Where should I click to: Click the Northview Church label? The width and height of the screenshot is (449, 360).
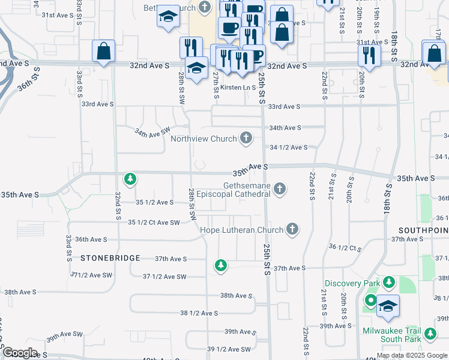click(x=203, y=139)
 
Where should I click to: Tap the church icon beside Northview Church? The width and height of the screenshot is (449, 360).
click(x=246, y=139)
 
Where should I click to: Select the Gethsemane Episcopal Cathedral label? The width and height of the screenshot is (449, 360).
click(x=246, y=190)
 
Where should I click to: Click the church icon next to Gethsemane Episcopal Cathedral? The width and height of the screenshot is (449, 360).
click(x=279, y=190)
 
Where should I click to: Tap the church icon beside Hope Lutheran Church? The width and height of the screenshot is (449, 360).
click(x=292, y=229)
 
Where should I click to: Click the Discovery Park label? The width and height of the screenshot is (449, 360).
click(x=352, y=283)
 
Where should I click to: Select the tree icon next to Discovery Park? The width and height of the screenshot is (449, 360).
click(x=389, y=281)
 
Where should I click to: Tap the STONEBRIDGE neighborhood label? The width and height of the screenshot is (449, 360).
click(x=110, y=258)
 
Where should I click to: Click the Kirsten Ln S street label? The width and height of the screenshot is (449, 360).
click(x=238, y=88)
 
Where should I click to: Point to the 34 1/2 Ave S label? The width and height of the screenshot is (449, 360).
click(x=289, y=148)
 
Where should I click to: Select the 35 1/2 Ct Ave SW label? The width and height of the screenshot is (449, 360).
click(x=154, y=223)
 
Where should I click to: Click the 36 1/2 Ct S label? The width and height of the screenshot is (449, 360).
click(x=346, y=247)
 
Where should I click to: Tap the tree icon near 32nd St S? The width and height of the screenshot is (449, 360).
click(x=130, y=178)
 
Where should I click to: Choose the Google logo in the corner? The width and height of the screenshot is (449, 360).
click(x=20, y=353)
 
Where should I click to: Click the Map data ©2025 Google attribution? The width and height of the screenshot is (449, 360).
click(x=412, y=355)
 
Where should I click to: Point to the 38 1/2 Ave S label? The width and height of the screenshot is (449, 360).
click(x=199, y=313)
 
